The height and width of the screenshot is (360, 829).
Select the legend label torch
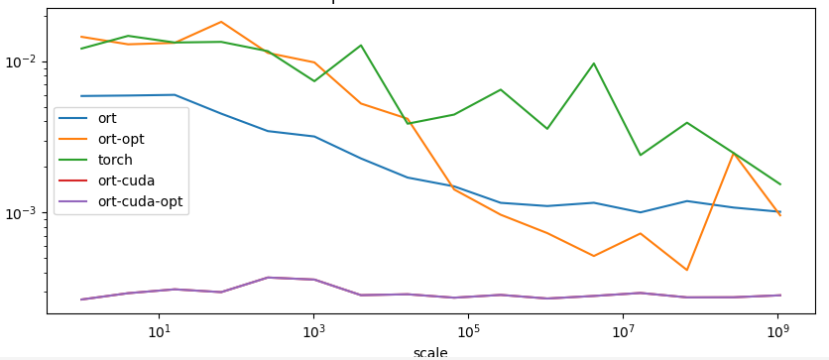click(115, 160)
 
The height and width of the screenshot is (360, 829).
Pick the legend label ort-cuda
click(126, 180)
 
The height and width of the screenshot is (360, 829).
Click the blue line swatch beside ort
click(73, 118)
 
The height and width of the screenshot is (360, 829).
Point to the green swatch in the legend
click(73, 160)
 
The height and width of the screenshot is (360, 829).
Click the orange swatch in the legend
click(73, 139)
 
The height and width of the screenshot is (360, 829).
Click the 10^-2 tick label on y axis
click(21, 61)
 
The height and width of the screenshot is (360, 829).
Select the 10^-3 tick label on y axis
click(21, 213)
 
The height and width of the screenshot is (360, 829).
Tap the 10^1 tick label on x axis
click(158, 329)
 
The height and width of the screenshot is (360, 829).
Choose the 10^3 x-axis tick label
click(312, 329)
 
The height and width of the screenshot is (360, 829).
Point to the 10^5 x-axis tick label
click(468, 329)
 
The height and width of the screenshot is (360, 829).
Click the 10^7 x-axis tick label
click(623, 329)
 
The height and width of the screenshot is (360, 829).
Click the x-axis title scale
click(429, 352)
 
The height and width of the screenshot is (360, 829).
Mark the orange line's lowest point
click(686, 270)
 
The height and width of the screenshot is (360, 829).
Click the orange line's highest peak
click(220, 22)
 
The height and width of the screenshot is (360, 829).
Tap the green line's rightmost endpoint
click(780, 184)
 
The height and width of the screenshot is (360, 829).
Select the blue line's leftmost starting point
click(81, 96)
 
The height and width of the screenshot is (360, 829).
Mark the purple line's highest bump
click(267, 278)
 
